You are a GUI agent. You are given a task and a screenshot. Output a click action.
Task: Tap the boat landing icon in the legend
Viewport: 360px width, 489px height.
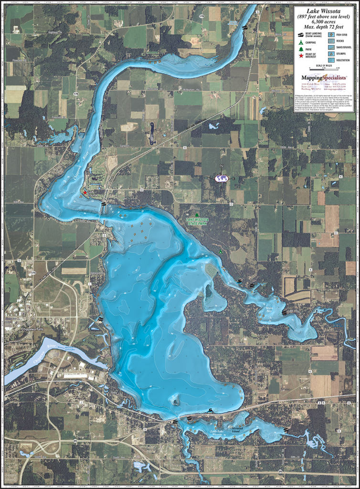[300, 35]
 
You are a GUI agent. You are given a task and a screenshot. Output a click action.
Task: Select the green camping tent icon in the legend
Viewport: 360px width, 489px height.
[300, 42]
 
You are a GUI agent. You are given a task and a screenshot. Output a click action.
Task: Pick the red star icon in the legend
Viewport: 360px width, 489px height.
[300, 56]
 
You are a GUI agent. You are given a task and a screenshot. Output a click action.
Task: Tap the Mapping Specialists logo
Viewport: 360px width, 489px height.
[324, 77]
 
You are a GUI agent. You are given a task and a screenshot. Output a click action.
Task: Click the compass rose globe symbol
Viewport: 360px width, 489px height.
[222, 178]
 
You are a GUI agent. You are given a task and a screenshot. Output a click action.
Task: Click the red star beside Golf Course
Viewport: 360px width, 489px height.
[85, 192]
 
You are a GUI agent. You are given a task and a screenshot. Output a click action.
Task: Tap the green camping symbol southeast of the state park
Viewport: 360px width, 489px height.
[221, 251]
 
